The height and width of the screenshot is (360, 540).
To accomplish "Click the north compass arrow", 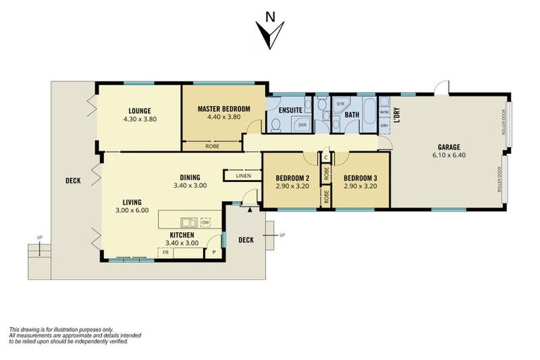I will click(270, 32).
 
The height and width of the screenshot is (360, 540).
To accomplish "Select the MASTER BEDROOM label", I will click(224, 108).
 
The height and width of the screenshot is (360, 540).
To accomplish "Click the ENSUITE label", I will click(290, 110).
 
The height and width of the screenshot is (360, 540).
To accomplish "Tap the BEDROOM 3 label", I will click(359, 177).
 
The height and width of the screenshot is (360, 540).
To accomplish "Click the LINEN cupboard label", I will click(243, 176).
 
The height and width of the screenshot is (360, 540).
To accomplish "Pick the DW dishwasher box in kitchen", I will click(205, 222).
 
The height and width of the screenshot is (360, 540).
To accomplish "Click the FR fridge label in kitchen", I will click(166, 252).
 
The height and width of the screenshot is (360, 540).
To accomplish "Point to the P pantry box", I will click(213, 252).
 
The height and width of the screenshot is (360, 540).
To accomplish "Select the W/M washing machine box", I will click(384, 112).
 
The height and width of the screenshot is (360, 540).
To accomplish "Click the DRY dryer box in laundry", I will click(384, 126).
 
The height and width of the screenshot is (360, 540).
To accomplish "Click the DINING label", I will click(190, 177).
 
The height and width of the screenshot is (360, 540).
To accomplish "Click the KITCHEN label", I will click(181, 235).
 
